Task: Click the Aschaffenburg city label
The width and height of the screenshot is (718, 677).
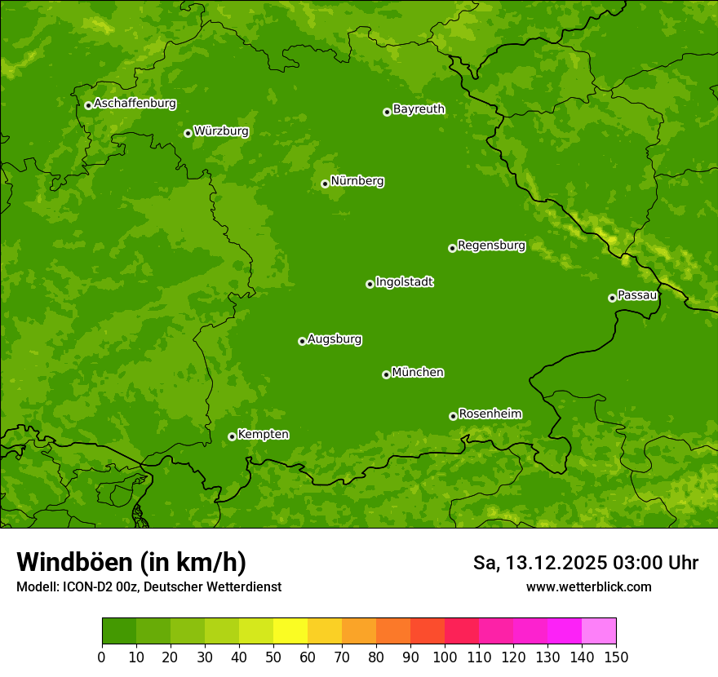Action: pyautogui.click(x=135, y=104)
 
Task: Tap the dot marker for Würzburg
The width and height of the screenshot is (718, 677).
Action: pyautogui.click(x=188, y=133)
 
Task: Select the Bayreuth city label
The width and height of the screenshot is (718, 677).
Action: pyautogui.click(x=419, y=108)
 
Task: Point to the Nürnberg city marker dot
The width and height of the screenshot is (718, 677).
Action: pyautogui.click(x=325, y=184)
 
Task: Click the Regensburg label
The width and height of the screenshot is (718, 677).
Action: pyautogui.click(x=491, y=245)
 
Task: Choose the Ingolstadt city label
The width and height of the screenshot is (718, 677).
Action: pyautogui.click(x=404, y=281)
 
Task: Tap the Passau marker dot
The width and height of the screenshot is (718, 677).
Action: pyautogui.click(x=612, y=298)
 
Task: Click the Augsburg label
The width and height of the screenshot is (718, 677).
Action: pyautogui.click(x=335, y=338)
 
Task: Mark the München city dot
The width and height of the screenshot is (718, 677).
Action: pyautogui.click(x=386, y=374)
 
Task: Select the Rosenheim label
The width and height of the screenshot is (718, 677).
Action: pyautogui.click(x=490, y=414)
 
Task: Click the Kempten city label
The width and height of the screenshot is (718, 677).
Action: pyautogui.click(x=263, y=434)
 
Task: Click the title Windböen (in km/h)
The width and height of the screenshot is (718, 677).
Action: pyautogui.click(x=131, y=562)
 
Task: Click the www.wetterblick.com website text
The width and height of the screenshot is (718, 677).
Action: pyautogui.click(x=588, y=586)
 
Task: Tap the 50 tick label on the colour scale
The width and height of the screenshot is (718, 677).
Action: pyautogui.click(x=273, y=657)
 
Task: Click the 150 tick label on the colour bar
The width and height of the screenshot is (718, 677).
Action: pyautogui.click(x=616, y=657)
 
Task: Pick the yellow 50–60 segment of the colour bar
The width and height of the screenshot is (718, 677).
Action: pyautogui.click(x=290, y=631)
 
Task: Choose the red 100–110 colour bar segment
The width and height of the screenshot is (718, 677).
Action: pyautogui.click(x=462, y=631)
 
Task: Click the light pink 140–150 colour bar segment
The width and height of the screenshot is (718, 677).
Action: pyautogui.click(x=599, y=631)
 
